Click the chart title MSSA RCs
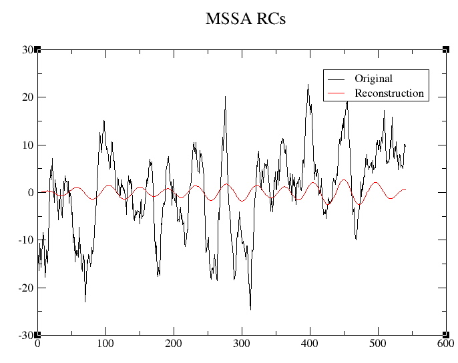245,19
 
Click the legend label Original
373,79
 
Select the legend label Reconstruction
389,93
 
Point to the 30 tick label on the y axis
27,49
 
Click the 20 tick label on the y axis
27,97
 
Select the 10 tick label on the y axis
27,145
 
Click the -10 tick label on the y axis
25,240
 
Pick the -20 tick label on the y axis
25,288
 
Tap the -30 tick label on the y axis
25,335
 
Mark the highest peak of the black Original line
308,85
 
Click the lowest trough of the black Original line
250,310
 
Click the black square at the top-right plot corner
445,49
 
